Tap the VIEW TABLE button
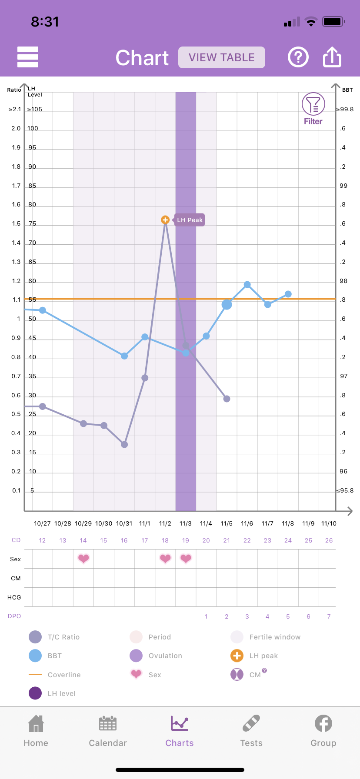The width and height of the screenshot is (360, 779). (x=221, y=57)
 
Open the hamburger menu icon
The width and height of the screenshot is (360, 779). (x=28, y=57)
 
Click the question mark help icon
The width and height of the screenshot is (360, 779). (x=298, y=57)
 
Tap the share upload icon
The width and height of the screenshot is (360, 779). (x=332, y=57)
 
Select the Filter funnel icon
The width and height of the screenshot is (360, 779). (x=313, y=104)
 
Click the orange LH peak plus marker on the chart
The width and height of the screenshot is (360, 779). (x=165, y=220)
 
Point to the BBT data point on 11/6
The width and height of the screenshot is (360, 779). (x=247, y=285)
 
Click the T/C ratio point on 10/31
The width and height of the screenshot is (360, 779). (x=124, y=444)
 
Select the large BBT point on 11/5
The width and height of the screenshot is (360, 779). (x=227, y=305)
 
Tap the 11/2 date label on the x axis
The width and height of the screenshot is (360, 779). (x=165, y=523)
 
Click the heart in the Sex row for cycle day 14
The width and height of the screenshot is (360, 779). (x=83, y=559)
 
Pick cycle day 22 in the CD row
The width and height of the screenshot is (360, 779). (x=247, y=540)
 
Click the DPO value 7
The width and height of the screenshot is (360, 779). (x=329, y=616)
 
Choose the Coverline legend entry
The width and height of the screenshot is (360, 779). (x=64, y=675)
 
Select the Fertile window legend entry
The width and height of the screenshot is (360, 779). (x=274, y=637)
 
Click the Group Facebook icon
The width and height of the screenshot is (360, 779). (x=323, y=724)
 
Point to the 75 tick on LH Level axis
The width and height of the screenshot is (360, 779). (x=32, y=224)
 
